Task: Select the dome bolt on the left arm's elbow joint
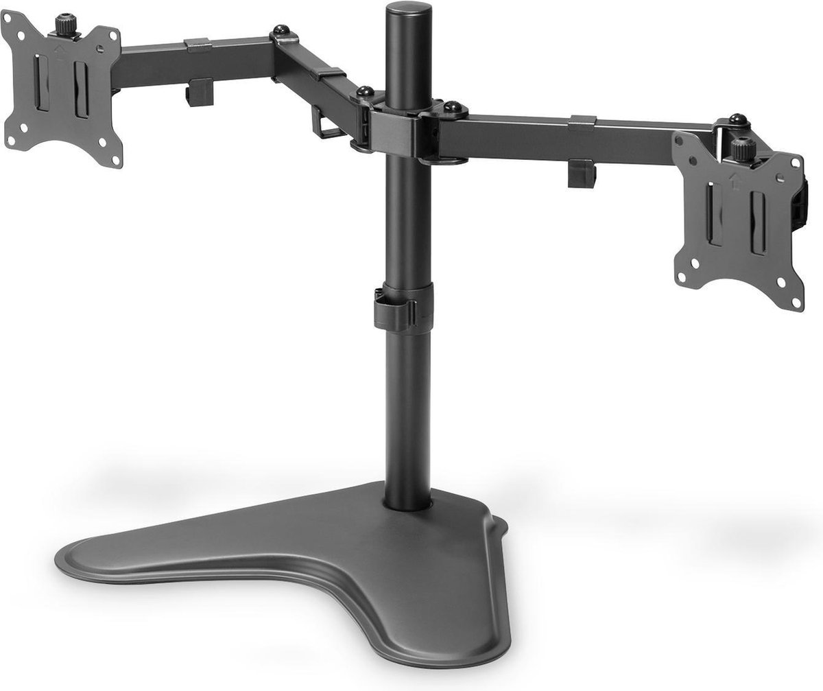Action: (281, 32)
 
